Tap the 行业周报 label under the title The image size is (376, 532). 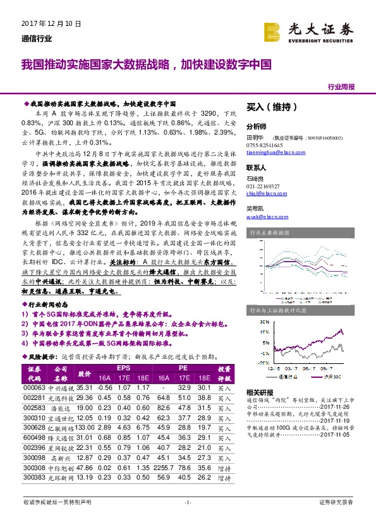pos(342,87)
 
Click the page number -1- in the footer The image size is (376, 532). pos(188,502)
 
